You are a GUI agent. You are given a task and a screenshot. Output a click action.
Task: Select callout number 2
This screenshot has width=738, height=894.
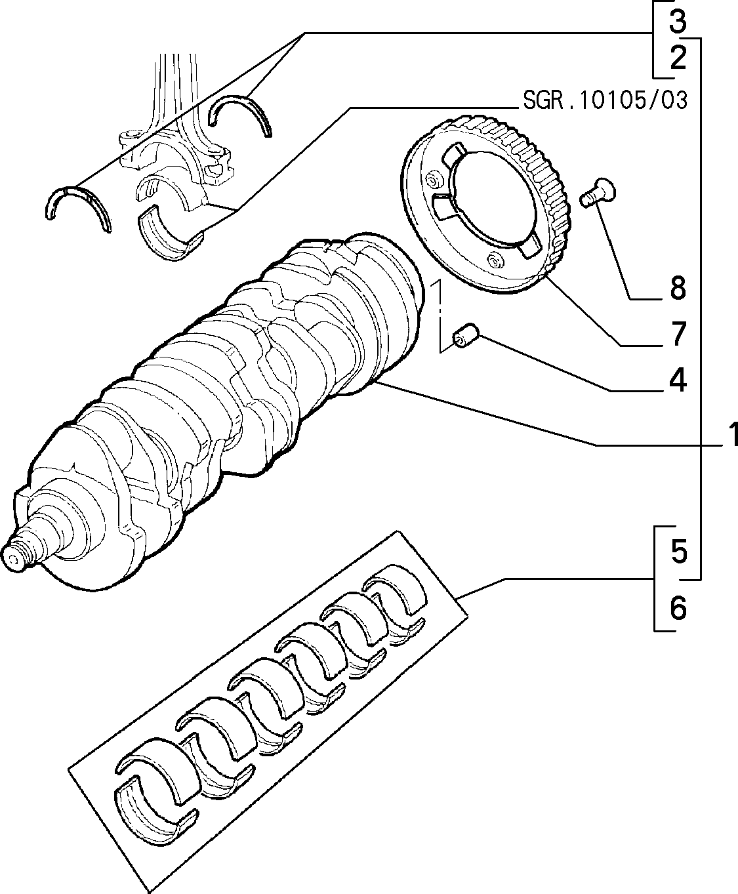click(677, 58)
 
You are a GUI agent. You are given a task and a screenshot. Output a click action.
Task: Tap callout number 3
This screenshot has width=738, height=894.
click(677, 22)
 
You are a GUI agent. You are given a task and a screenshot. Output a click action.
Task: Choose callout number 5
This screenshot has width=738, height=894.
click(679, 552)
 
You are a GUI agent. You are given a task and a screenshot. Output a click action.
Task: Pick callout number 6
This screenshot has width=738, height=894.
click(678, 608)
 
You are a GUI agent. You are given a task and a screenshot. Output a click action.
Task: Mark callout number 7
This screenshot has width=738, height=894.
click(677, 334)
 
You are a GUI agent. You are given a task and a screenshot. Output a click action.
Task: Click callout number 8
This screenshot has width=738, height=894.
click(678, 288)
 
